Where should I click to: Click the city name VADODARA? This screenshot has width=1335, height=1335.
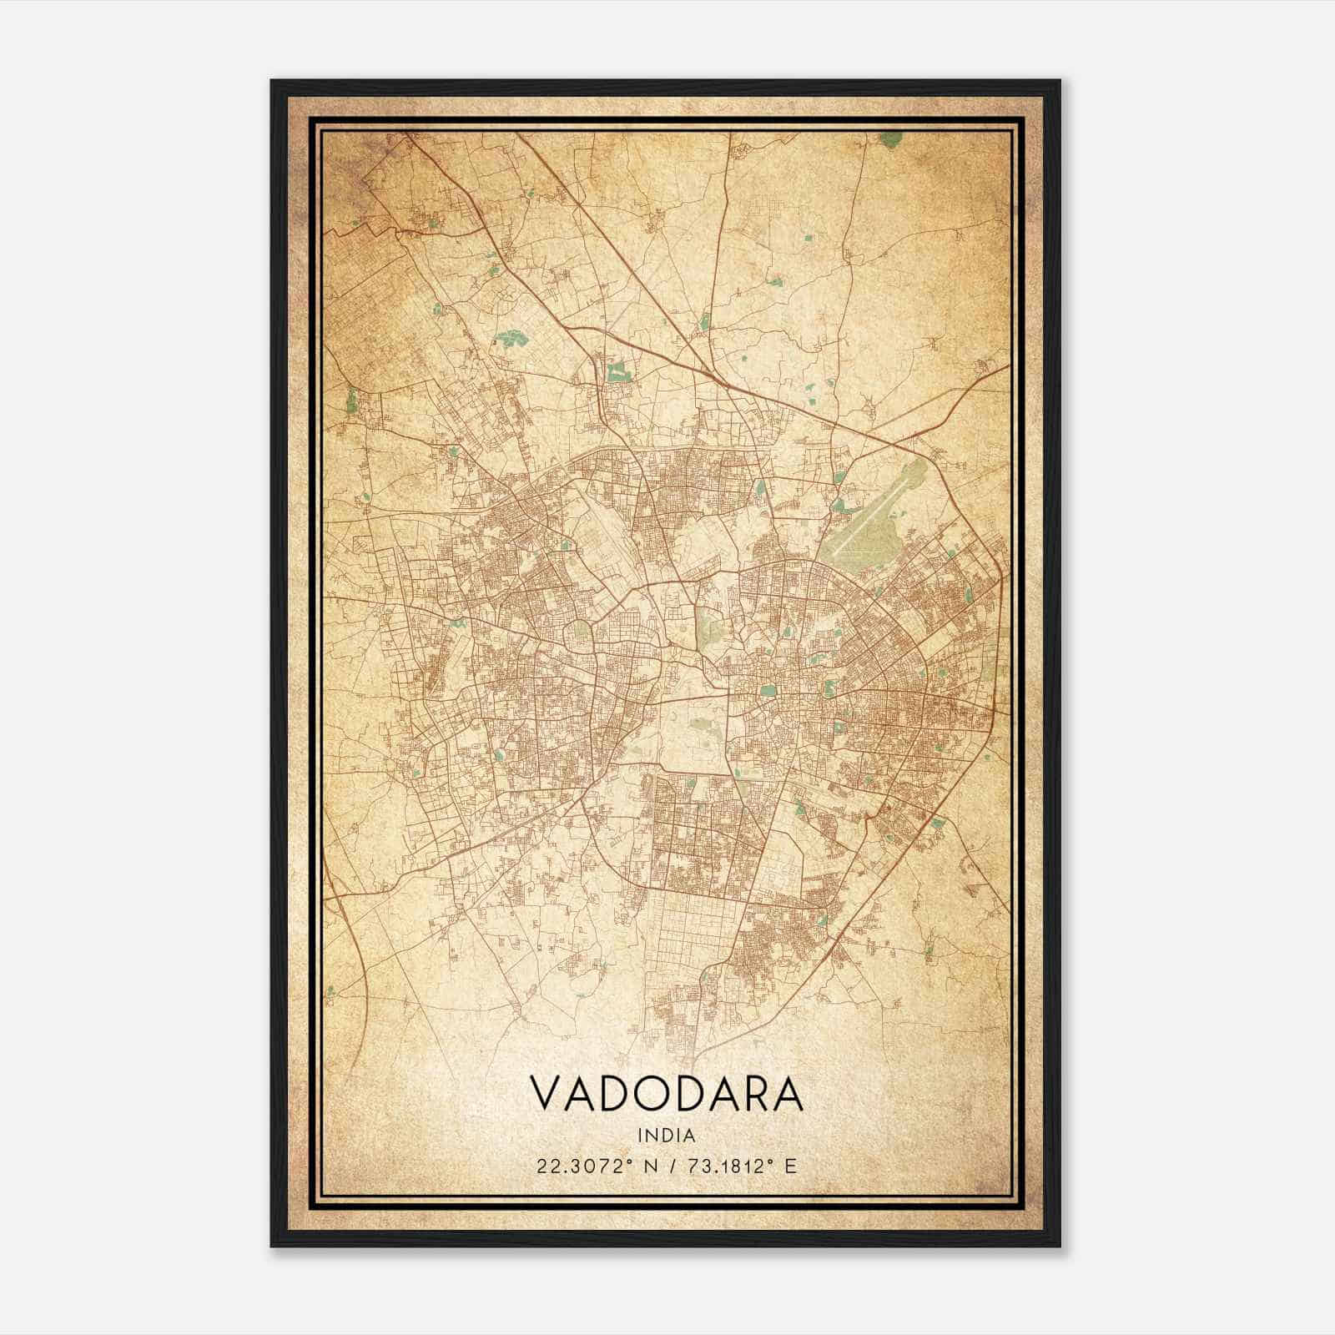(x=667, y=1094)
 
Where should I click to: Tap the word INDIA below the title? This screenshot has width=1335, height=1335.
(x=667, y=1135)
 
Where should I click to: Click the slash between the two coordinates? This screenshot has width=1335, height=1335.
(x=668, y=1166)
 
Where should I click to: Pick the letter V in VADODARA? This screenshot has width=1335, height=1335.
(x=546, y=1094)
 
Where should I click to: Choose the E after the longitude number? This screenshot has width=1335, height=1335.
(x=791, y=1166)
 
